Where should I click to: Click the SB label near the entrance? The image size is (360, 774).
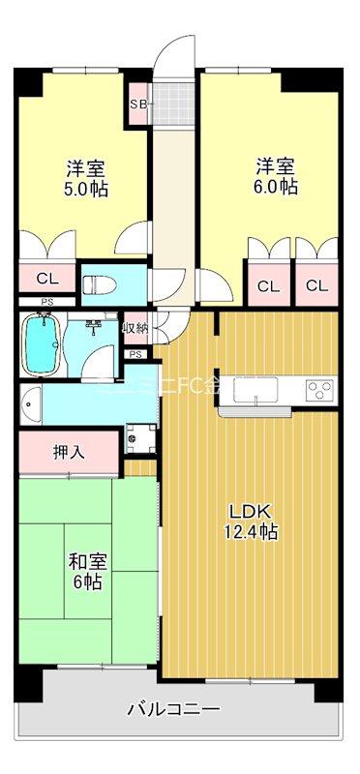137,103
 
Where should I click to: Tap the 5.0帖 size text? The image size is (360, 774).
80,187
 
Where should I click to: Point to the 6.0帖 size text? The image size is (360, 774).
276,187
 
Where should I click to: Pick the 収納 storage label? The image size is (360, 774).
135,328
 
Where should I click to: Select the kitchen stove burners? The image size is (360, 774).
320,390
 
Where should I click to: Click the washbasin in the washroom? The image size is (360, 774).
30,402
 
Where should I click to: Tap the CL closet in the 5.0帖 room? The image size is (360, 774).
46,279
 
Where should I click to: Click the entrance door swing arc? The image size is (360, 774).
177,50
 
